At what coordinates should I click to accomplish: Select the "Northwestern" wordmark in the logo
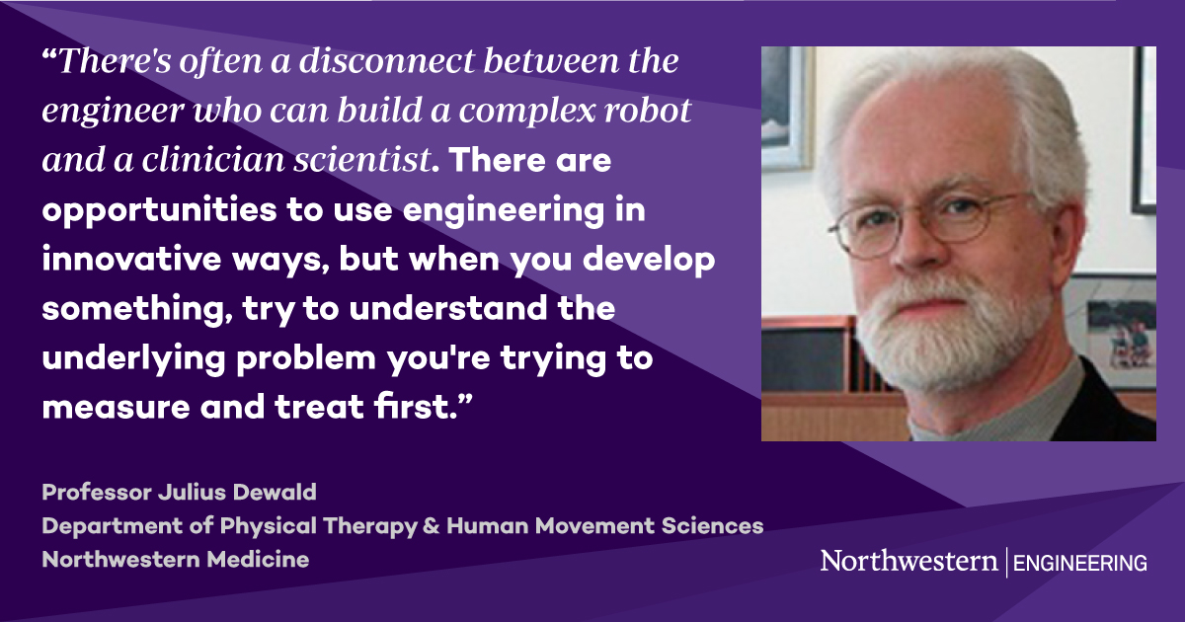[908, 562]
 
